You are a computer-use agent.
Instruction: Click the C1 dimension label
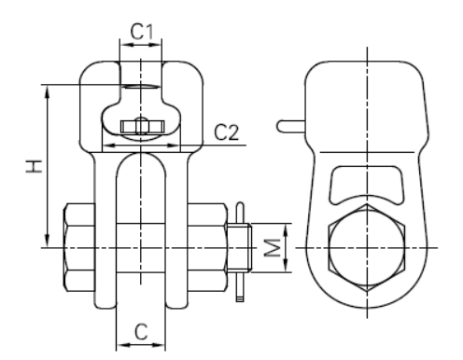click(x=142, y=32)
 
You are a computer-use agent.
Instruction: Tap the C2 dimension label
click(x=227, y=132)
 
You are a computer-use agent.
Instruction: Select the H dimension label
click(x=34, y=166)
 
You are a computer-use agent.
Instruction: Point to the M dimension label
click(x=273, y=248)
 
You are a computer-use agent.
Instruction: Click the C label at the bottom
click(x=141, y=332)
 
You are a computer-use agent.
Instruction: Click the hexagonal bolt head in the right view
click(x=367, y=247)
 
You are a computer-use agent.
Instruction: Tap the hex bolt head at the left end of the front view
click(x=79, y=247)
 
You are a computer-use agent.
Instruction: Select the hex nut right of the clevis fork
click(x=207, y=247)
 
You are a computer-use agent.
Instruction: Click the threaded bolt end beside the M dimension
click(x=239, y=248)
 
